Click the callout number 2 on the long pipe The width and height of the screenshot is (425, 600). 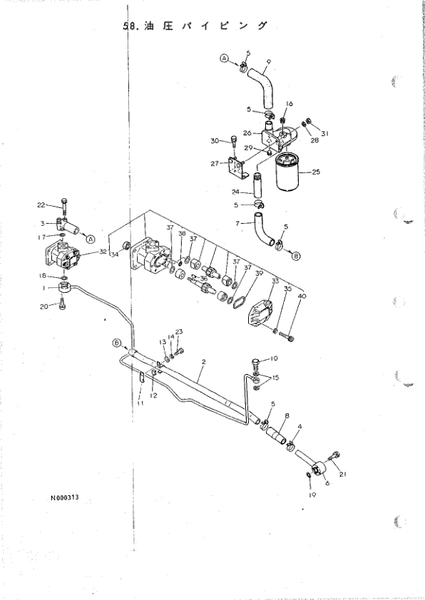click(x=203, y=362)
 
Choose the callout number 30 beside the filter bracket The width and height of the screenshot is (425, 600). click(x=213, y=140)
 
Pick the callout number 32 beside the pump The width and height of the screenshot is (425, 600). click(x=103, y=251)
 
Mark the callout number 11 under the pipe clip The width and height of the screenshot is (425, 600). click(x=140, y=405)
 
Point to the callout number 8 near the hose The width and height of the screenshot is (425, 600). click(x=287, y=415)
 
